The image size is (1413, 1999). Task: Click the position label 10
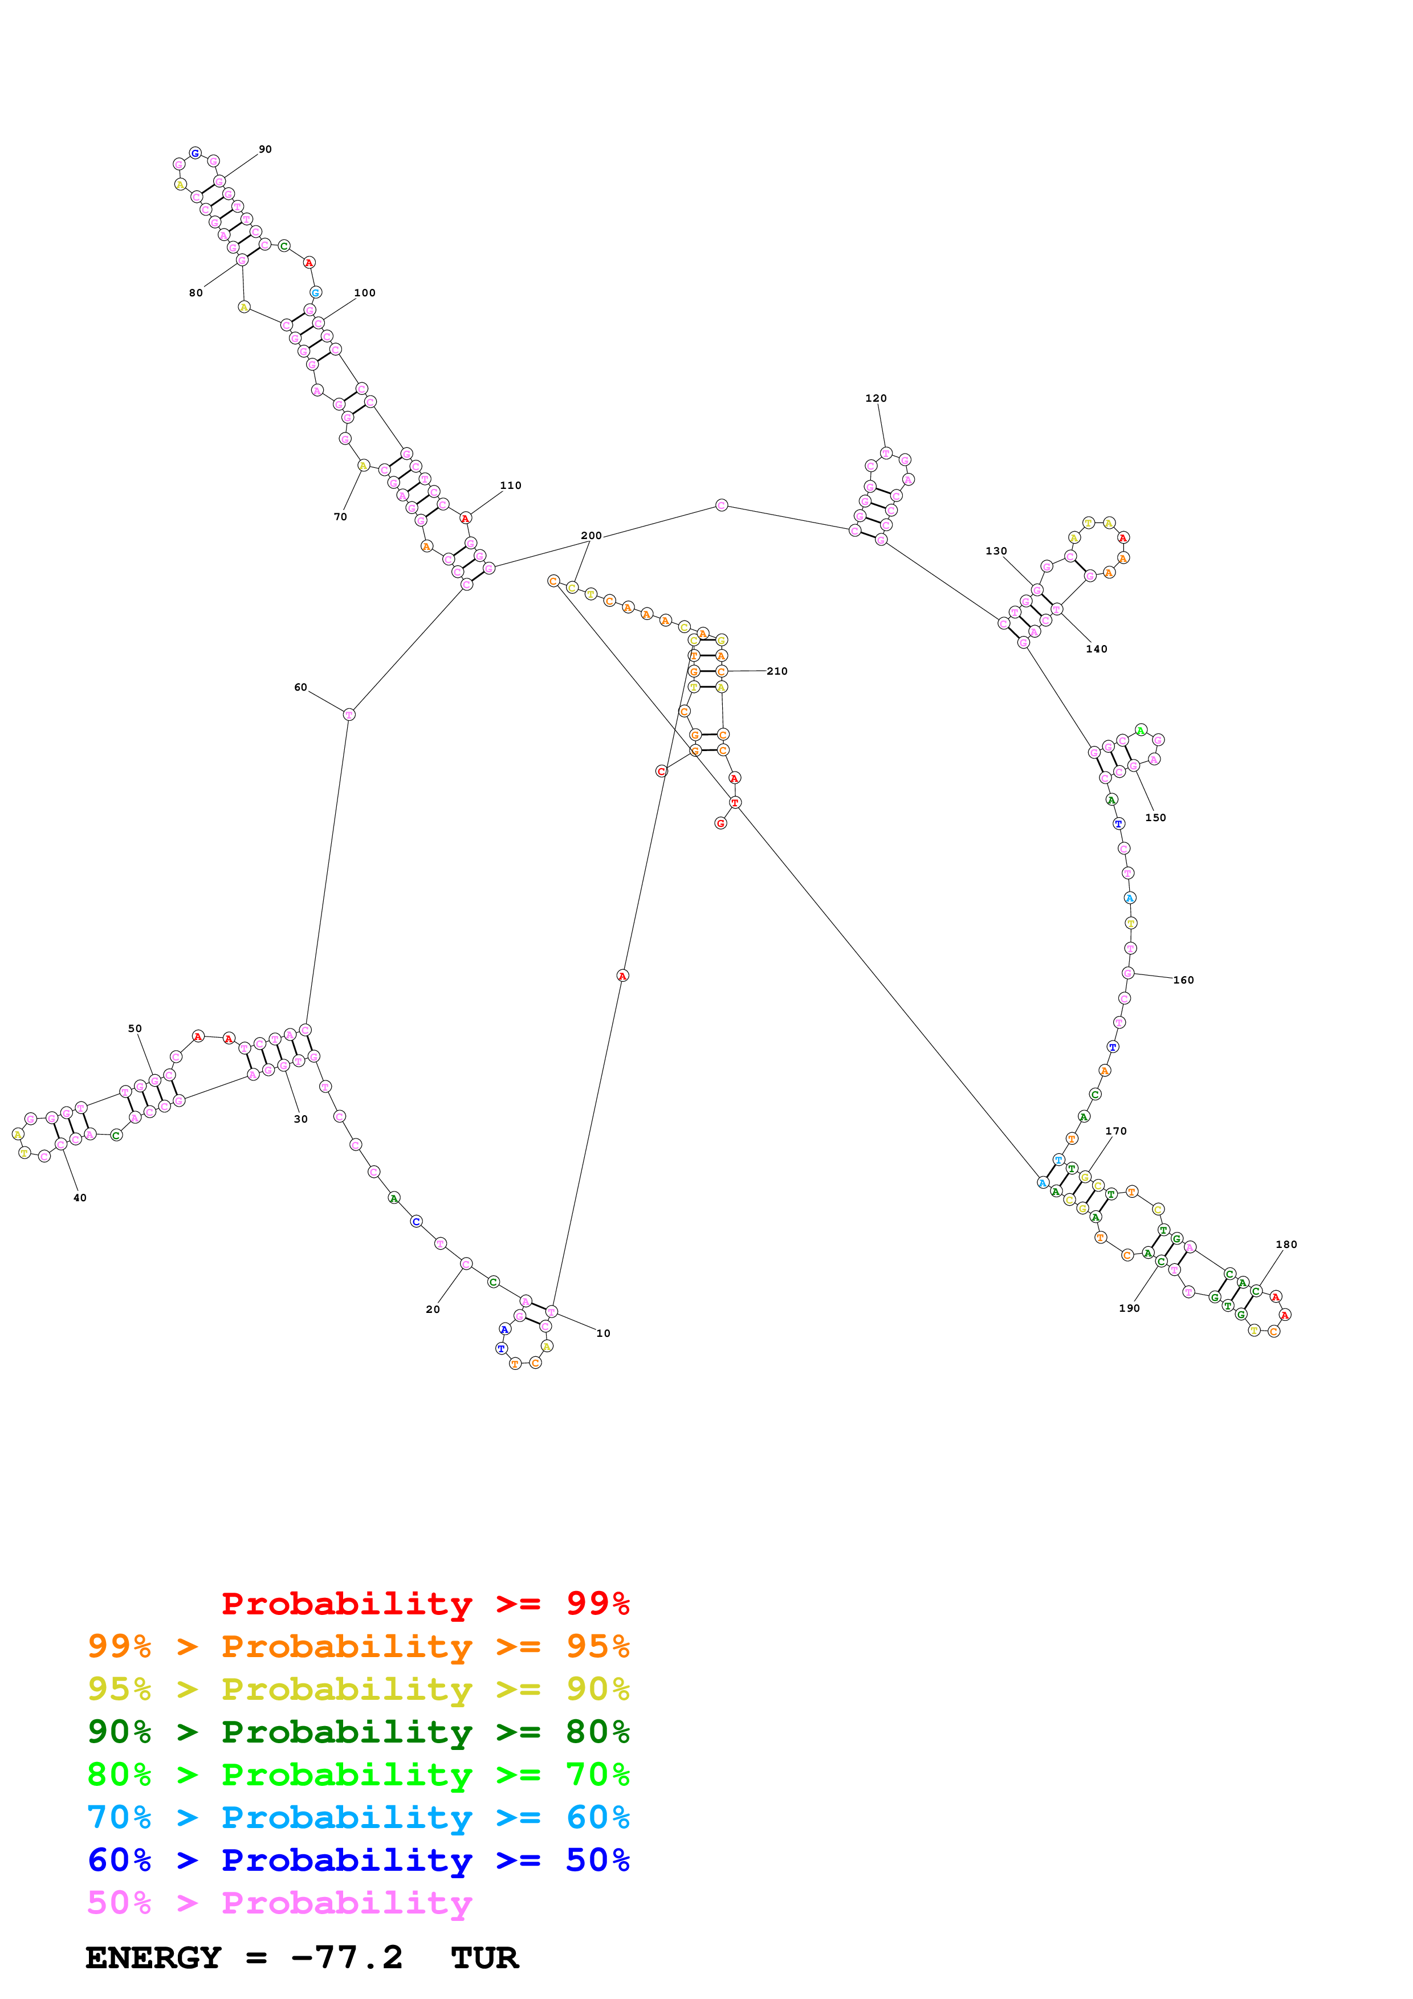point(604,1333)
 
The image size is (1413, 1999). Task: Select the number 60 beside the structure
point(300,688)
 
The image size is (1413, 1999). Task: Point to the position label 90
point(266,150)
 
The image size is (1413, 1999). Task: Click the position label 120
point(876,399)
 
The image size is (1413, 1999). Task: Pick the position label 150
point(1155,818)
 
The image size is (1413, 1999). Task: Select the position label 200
point(591,536)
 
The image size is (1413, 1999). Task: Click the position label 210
point(777,671)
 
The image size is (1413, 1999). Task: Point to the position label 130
point(996,551)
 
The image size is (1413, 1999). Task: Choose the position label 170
point(1116,1132)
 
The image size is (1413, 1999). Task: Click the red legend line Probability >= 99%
point(425,1604)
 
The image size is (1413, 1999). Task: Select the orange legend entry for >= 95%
point(358,1646)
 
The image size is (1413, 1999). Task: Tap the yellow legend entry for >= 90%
point(358,1689)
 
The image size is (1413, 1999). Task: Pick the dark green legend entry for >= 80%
point(358,1732)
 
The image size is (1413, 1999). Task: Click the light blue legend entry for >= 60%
point(358,1817)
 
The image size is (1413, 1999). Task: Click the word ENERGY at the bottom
point(153,1958)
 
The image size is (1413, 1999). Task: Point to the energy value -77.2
point(347,1958)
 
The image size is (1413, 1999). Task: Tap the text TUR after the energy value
point(485,1958)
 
